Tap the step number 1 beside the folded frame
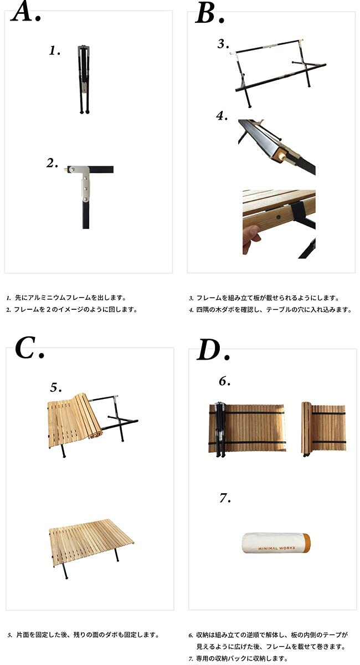pos(54,51)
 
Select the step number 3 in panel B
pos(223,44)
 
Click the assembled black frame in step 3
pos(277,69)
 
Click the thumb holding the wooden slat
pos(250,239)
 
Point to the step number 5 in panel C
pos(56,387)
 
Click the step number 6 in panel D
pos(224,381)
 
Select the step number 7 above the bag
pos(224,499)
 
